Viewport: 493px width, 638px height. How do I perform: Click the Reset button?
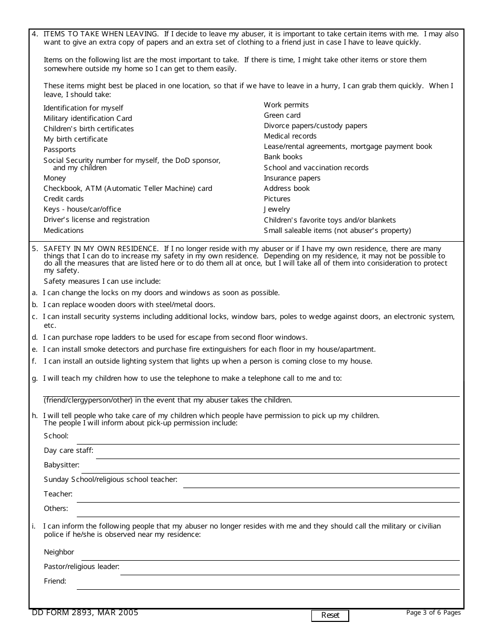(330, 615)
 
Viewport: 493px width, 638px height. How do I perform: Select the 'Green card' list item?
(282, 115)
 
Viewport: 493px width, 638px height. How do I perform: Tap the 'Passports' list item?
(60, 149)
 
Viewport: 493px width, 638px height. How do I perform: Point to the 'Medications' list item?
(63, 230)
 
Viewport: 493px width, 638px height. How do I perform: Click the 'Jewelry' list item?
(277, 209)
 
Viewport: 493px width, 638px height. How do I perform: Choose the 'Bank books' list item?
(283, 157)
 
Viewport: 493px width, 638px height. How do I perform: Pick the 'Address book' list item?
(286, 188)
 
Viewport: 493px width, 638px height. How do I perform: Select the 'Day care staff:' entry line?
(278, 453)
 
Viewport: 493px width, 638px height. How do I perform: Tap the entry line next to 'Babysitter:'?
(270, 468)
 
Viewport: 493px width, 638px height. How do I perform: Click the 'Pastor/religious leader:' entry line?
(290, 570)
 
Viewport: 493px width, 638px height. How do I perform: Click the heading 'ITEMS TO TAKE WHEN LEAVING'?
(101, 34)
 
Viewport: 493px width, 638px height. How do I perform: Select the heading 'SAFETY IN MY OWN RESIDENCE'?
(101, 249)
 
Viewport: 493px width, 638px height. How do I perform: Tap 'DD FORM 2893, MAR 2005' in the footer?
(85, 613)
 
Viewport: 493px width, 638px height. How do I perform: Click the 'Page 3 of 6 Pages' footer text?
(433, 613)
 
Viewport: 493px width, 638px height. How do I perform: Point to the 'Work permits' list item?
(286, 105)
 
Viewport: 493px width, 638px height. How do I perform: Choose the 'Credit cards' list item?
(63, 199)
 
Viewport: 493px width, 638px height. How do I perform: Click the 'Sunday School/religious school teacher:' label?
(111, 480)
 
